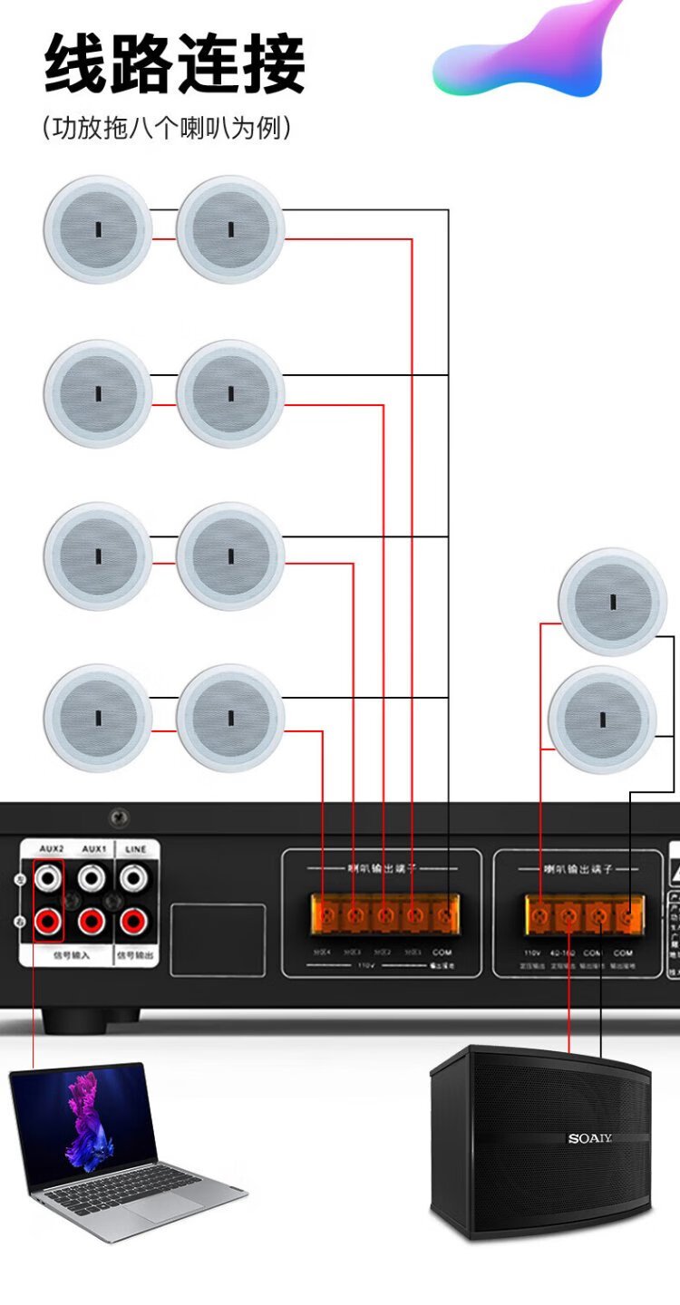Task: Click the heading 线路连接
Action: [175, 65]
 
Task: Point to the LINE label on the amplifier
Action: [134, 849]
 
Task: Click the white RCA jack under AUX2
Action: [48, 876]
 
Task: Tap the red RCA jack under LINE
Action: [133, 922]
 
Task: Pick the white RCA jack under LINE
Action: [133, 876]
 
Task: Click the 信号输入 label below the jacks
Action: [68, 955]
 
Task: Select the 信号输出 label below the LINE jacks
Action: [134, 955]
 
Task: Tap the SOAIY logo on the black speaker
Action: [590, 1138]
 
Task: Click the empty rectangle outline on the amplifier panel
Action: [218, 940]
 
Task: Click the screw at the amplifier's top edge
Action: [119, 818]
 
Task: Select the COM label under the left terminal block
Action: [442, 952]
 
